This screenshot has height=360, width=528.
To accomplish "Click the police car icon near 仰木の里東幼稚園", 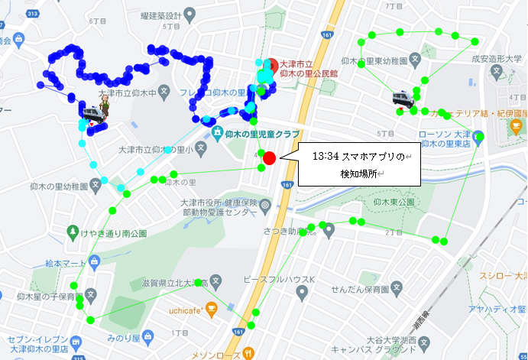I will point(404,99).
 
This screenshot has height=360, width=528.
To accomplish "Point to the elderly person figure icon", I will point(105,107).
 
